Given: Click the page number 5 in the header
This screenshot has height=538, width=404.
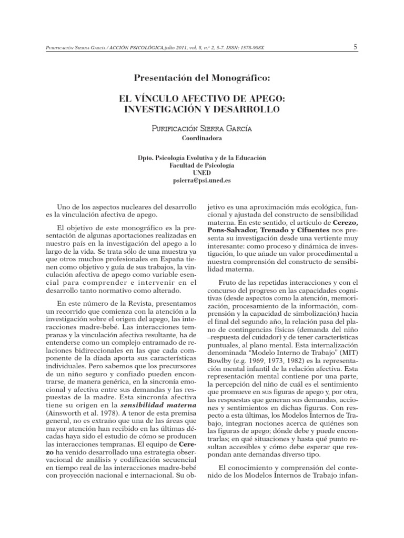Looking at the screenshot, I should pyautogui.click(x=356, y=47).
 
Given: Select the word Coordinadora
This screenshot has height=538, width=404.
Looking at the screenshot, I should pyautogui.click(x=201, y=139).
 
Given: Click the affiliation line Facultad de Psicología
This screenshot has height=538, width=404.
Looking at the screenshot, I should pyautogui.click(x=201, y=165).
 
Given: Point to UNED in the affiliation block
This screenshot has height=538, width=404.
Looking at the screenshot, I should pyautogui.click(x=201, y=172).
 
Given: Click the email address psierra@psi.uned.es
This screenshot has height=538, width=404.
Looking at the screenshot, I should pyautogui.click(x=201, y=180).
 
